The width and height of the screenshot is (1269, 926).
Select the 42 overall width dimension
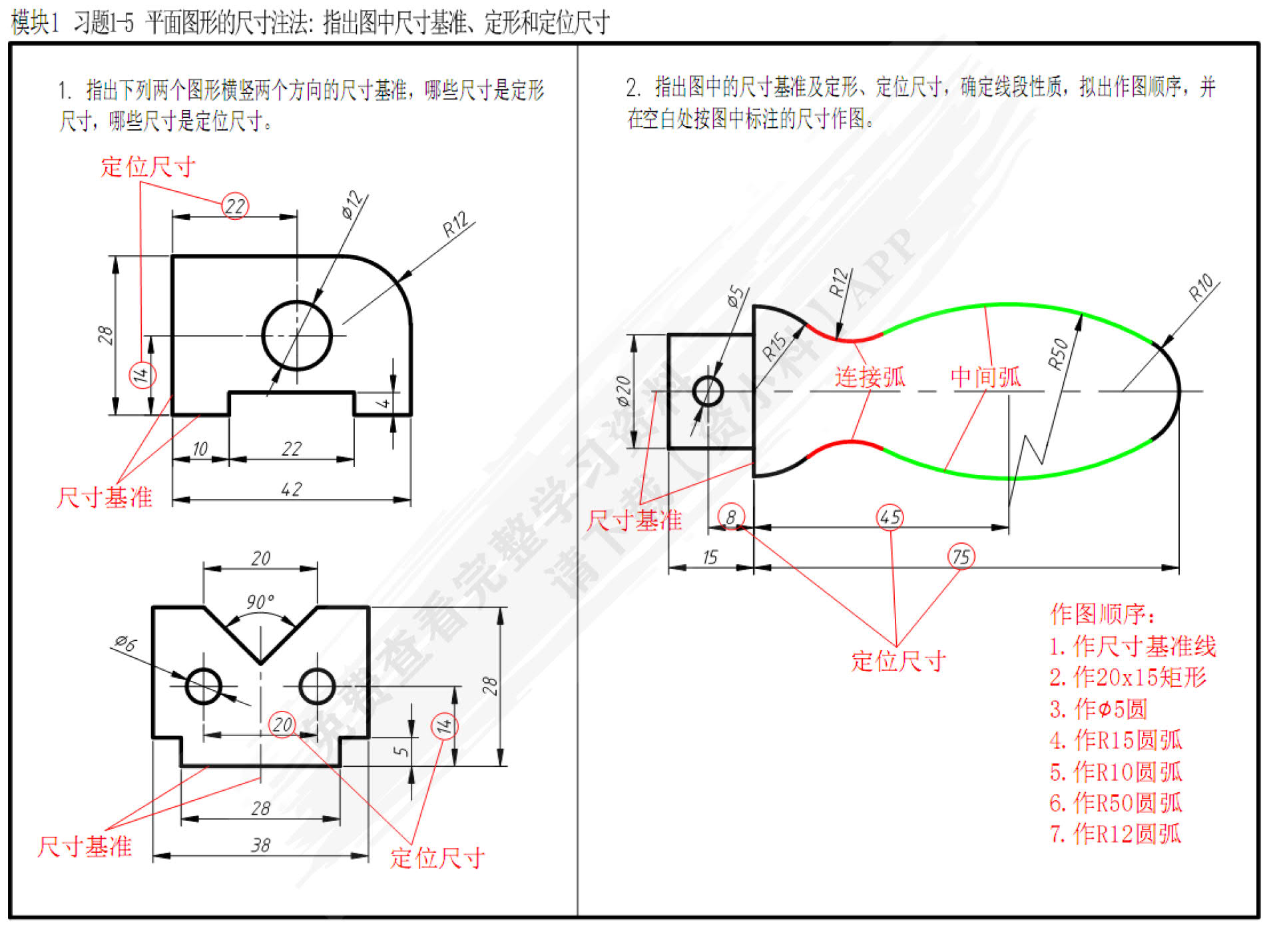pos(291,489)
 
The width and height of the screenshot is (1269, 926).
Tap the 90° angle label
pos(260,602)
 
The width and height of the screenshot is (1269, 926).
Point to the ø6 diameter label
pos(125,644)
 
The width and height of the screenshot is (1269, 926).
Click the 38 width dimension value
pos(260,845)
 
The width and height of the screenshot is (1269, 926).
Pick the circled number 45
pos(890,517)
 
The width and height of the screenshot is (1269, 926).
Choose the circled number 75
pos(961,556)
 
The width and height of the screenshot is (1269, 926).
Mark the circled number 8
pos(731,517)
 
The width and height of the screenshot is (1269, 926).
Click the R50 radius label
pos(1057,354)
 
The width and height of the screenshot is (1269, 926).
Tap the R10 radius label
pos(1201,288)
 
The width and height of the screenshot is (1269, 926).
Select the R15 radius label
pos(774,346)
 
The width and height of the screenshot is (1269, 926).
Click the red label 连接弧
pos(870,377)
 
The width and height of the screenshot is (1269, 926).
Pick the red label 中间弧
pos(985,377)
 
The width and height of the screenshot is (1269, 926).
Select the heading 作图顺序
pos(1103,614)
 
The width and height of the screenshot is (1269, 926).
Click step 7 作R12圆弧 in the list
pos(1115,833)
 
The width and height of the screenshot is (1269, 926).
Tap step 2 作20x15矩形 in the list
pos(1127,677)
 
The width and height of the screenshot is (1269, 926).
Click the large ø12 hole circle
pos(297,335)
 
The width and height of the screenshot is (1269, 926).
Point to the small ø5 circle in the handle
pos(708,391)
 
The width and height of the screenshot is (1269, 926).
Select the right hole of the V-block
pos(317,686)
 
